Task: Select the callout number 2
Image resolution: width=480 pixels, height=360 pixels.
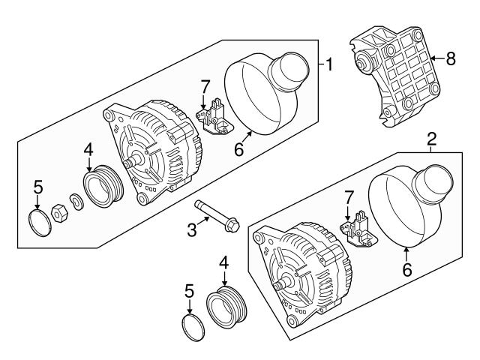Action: pos(431,139)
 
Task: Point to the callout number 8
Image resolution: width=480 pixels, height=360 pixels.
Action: pos(450,58)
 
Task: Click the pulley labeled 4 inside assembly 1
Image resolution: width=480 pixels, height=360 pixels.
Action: pos(102,188)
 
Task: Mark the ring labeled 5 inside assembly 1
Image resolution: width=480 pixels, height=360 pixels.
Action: pos(37,222)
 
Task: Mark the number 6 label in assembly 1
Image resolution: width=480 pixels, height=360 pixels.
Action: pos(238,150)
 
